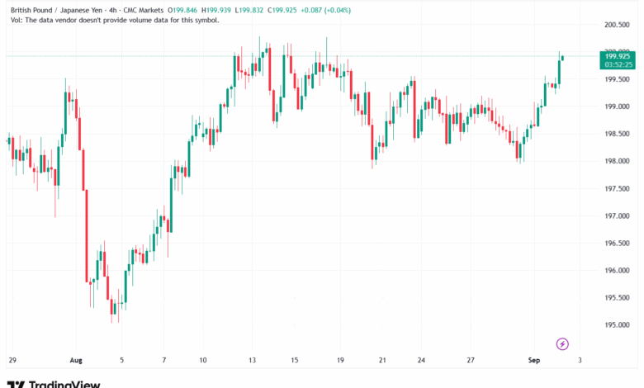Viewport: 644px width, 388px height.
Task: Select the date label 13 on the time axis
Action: point(254,361)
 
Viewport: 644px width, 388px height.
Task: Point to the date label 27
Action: point(470,361)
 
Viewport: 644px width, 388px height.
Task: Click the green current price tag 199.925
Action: point(618,56)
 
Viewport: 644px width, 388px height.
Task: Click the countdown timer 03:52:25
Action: point(618,64)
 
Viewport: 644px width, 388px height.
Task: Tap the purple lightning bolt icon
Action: point(562,343)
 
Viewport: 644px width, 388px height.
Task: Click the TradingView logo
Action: point(54,384)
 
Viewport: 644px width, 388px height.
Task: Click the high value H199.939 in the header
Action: point(225,10)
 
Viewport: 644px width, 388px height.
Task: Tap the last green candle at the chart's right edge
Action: point(562,57)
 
